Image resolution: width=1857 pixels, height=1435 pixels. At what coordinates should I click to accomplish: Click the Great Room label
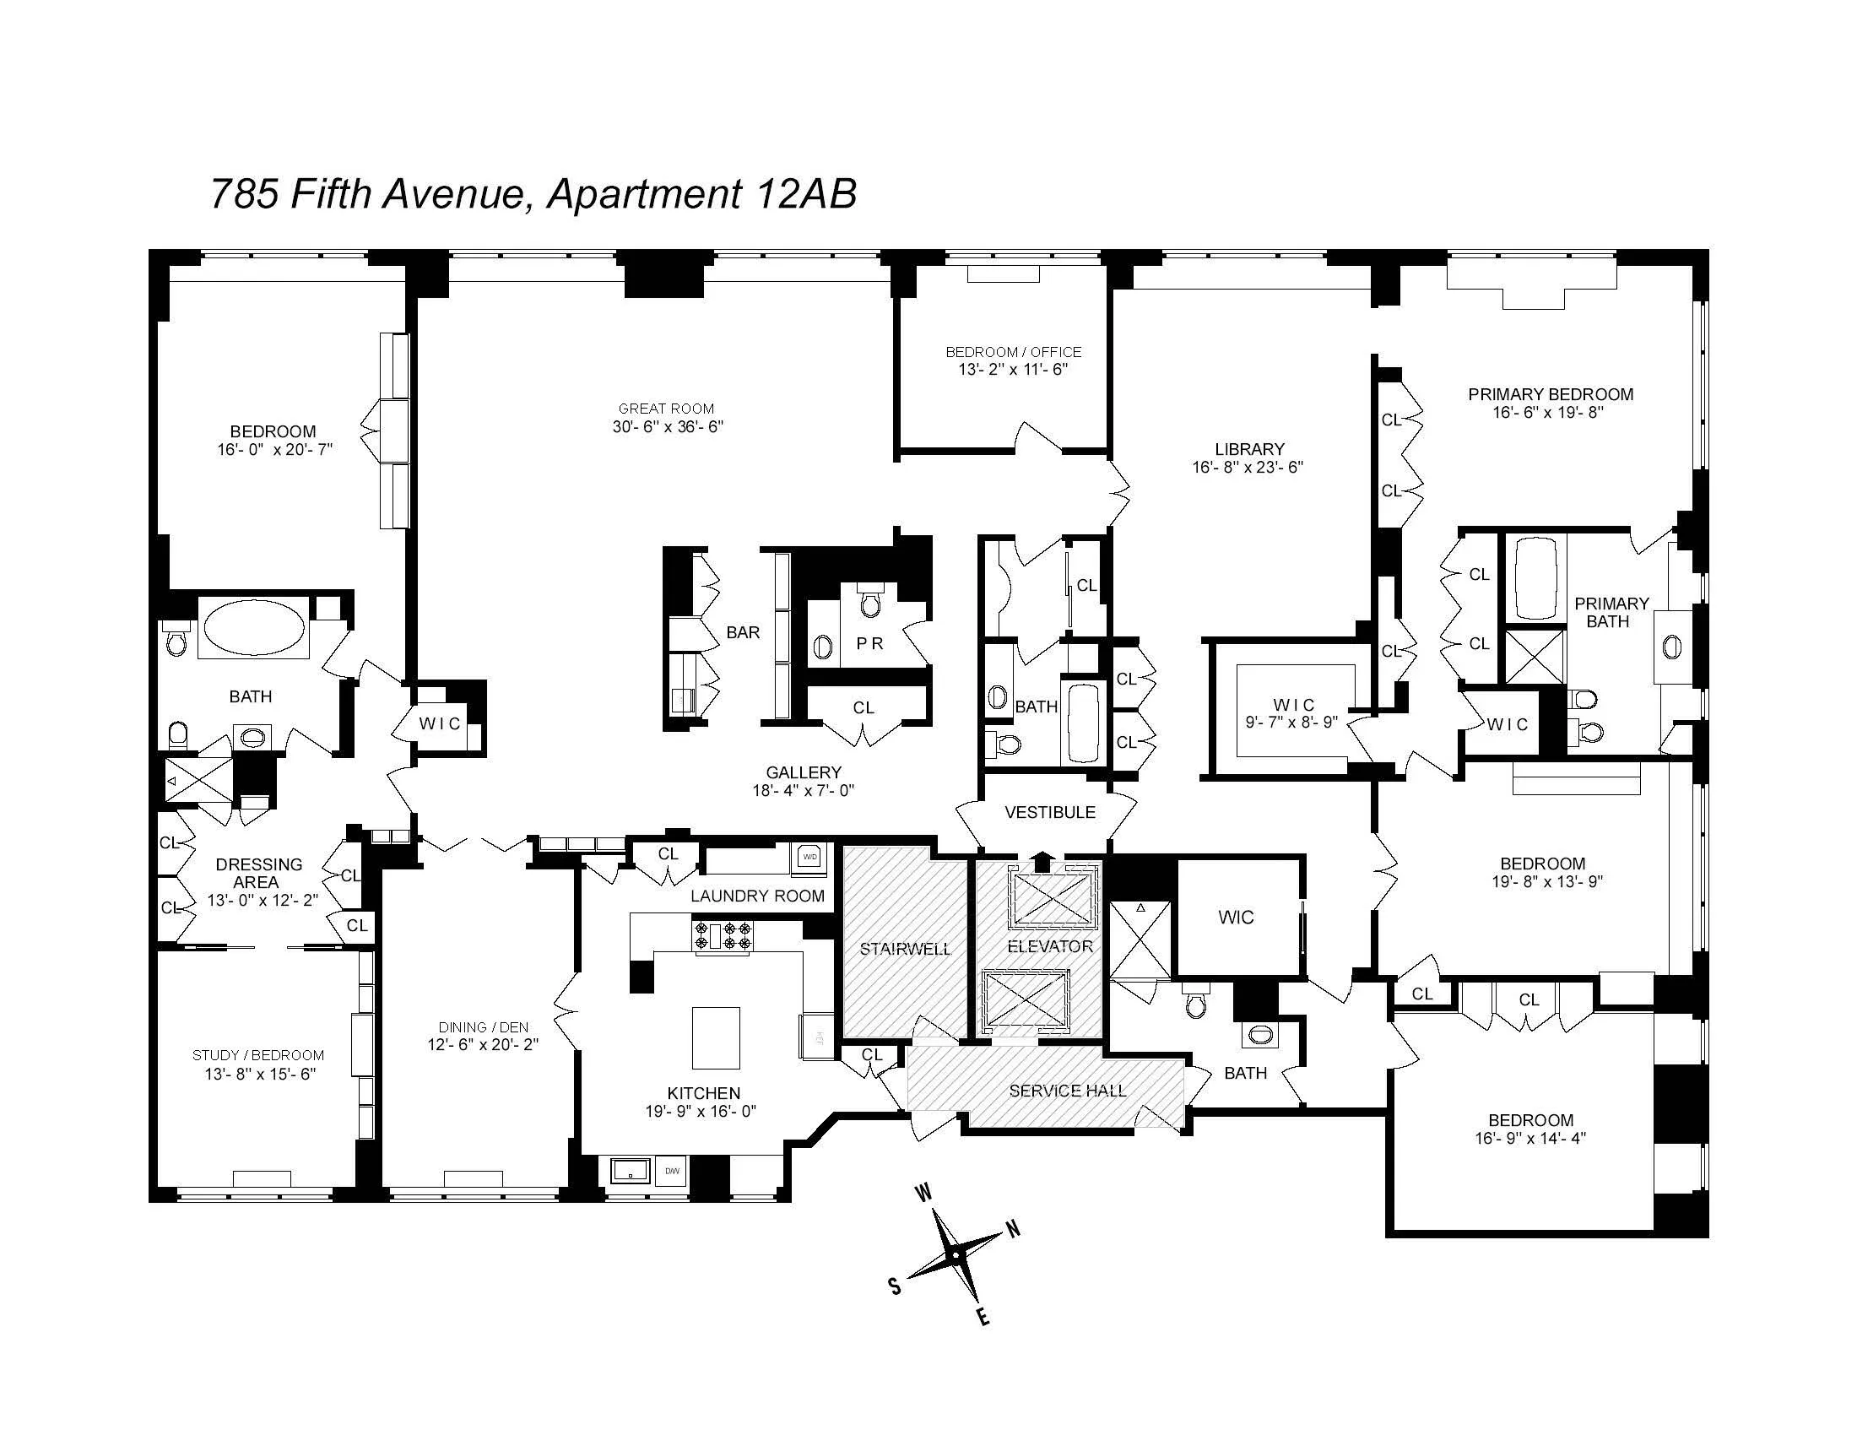(666, 408)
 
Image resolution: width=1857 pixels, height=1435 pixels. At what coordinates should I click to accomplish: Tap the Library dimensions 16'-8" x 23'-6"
(1248, 467)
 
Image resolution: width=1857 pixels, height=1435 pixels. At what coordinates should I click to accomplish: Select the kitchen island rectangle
(715, 1037)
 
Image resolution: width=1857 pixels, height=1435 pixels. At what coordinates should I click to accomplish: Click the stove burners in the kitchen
(723, 935)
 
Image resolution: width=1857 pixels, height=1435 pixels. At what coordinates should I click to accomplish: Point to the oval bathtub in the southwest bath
(255, 626)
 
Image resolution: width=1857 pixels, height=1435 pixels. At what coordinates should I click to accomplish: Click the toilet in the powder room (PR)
(869, 601)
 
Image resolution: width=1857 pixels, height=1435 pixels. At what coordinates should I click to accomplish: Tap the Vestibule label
(1049, 812)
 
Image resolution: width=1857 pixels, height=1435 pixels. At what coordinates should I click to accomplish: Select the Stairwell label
(905, 949)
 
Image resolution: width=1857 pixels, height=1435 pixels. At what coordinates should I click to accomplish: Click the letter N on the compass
(1013, 1229)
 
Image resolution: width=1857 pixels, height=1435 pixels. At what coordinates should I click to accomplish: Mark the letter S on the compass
(896, 1287)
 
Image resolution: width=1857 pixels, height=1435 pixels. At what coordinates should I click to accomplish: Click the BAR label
(742, 632)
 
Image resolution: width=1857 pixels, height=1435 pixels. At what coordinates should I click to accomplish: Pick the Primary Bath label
(1611, 612)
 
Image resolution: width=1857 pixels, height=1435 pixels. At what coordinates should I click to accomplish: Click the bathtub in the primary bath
(1535, 577)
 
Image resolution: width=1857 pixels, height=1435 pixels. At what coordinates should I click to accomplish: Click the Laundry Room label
(757, 895)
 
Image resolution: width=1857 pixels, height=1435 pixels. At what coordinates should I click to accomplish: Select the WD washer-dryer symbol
(809, 857)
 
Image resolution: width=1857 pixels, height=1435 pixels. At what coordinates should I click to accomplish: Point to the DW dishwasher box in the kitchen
(672, 1171)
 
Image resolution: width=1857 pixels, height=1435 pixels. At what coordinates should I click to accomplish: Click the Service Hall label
(1067, 1091)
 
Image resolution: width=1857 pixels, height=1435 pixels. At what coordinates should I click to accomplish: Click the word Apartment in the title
(643, 194)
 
